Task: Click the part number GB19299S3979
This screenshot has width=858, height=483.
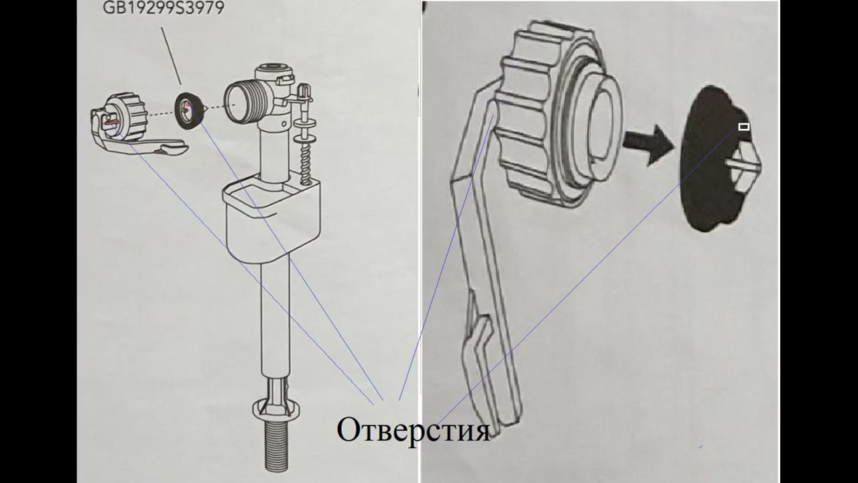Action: (164, 7)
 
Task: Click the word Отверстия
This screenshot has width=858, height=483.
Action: (414, 430)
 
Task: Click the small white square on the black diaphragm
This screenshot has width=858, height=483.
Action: (743, 127)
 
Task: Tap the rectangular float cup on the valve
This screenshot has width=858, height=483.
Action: (272, 217)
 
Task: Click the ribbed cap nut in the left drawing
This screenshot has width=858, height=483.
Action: (127, 111)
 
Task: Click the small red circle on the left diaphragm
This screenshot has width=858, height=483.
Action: (188, 105)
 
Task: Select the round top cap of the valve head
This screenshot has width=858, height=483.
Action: (274, 72)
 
